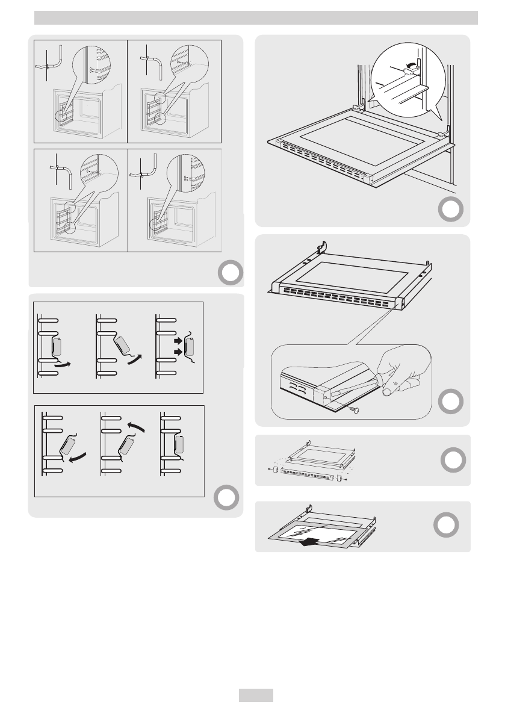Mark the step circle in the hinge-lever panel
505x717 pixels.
(x=451, y=209)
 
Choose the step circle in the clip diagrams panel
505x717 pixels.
(x=225, y=497)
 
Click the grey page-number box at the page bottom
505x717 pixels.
(x=256, y=695)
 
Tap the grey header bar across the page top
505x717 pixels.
(x=256, y=18)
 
